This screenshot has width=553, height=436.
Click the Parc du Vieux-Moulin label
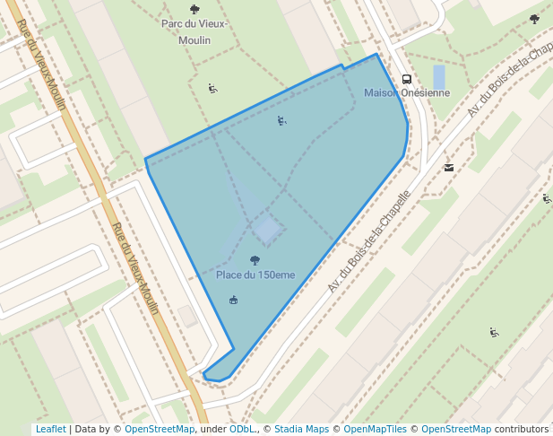[194, 31]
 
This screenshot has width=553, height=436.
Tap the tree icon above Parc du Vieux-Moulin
[194, 10]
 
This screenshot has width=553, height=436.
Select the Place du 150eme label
[255, 275]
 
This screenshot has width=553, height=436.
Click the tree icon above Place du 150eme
[255, 260]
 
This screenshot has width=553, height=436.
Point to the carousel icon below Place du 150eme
[234, 300]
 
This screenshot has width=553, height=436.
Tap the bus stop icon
[407, 79]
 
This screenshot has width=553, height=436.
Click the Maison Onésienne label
[407, 93]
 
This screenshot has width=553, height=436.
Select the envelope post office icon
[449, 167]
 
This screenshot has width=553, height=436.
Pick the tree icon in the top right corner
[534, 18]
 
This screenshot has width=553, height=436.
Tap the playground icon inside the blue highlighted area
[282, 121]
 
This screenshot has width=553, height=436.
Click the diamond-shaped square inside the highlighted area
[267, 228]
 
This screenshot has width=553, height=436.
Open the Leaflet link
[50, 429]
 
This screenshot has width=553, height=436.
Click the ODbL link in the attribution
[241, 429]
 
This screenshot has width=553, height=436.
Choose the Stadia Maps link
[301, 429]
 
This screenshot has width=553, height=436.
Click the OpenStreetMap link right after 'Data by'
[160, 429]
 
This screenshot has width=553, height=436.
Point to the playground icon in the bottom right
[494, 333]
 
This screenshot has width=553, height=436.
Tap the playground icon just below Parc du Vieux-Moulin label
[212, 88]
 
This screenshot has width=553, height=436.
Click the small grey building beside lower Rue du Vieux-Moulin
[188, 315]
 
